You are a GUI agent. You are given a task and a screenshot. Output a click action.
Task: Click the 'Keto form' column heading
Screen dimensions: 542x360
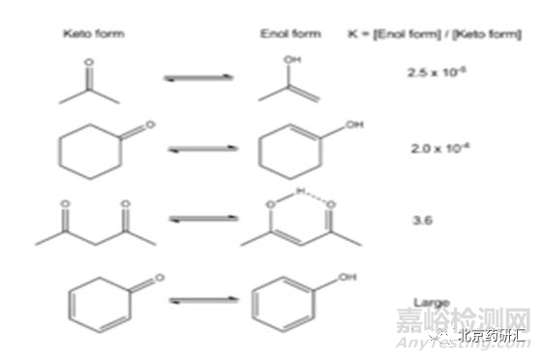pos(93,34)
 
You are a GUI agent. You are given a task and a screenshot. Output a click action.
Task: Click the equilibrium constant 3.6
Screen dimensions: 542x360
pos(422,220)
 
